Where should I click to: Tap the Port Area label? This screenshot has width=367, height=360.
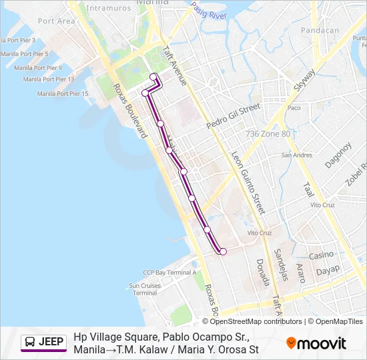[x=56, y=21]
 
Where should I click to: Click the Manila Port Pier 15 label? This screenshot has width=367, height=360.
[x=63, y=93]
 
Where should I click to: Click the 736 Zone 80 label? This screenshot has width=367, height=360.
[x=268, y=134]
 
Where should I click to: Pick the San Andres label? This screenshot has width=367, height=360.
[x=296, y=155]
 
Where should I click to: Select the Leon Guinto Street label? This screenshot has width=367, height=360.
[x=248, y=180]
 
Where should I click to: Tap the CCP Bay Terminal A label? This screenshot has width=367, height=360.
[x=169, y=272]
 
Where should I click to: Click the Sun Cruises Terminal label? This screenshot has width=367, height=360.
[x=145, y=289]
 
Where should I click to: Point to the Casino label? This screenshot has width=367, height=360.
[x=321, y=255]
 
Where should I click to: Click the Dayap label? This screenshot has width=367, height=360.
[x=328, y=270]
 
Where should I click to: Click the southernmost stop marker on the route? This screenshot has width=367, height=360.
[x=223, y=251]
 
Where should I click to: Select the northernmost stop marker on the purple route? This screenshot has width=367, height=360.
[x=153, y=77]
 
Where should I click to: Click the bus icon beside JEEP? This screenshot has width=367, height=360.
[x=30, y=342]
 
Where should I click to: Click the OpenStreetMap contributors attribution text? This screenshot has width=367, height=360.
[x=256, y=321]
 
